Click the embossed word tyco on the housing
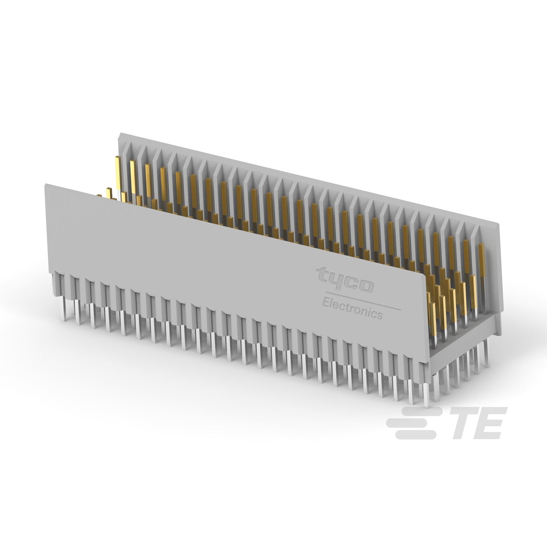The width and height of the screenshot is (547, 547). [x=344, y=280]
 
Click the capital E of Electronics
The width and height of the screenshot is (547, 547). [x=326, y=303]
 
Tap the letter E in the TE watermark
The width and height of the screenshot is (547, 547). [x=488, y=424]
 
